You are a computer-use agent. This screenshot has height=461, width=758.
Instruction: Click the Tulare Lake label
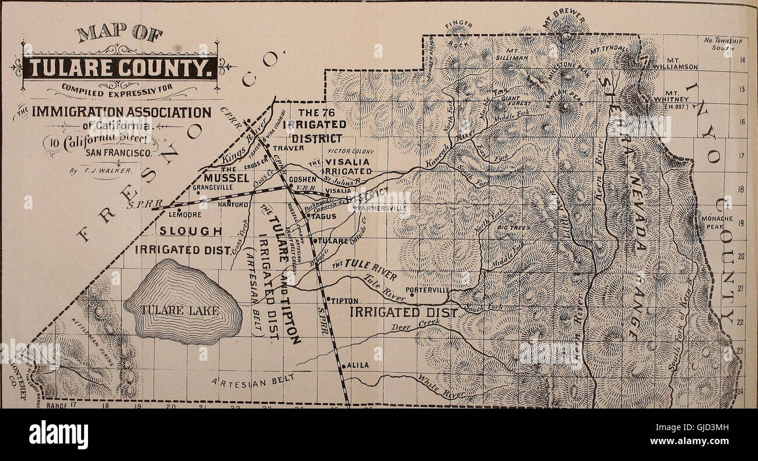(183, 311)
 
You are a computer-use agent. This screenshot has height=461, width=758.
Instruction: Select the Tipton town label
(345, 301)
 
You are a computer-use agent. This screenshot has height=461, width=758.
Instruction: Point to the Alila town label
(357, 366)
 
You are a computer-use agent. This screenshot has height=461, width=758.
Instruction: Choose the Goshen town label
(302, 180)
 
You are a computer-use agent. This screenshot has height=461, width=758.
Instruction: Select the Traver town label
(289, 148)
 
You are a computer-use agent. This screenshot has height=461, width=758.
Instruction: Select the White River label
(441, 388)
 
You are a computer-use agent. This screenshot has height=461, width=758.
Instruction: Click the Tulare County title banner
(120, 68)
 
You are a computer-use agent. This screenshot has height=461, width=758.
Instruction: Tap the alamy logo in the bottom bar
(58, 435)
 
